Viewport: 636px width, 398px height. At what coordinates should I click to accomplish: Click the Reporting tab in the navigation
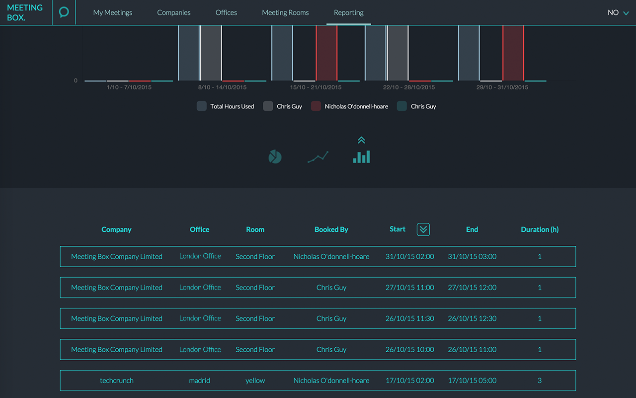(x=348, y=12)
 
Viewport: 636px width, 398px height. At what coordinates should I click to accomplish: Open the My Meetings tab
(x=113, y=12)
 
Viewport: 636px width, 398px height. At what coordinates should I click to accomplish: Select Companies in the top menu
(x=174, y=12)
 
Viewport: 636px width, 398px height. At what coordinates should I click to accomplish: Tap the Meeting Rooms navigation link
(x=285, y=12)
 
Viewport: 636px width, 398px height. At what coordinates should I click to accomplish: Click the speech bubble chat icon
(x=64, y=12)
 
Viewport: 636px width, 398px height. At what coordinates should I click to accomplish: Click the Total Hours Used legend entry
(x=226, y=106)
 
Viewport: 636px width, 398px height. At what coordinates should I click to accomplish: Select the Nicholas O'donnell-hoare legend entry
(x=350, y=106)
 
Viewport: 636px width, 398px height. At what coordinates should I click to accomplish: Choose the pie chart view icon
(x=275, y=157)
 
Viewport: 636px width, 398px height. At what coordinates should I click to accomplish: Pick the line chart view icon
(x=318, y=157)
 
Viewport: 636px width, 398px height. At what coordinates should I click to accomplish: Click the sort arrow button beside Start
(x=423, y=229)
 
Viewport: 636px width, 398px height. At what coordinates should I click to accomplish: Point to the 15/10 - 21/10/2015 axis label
(x=316, y=87)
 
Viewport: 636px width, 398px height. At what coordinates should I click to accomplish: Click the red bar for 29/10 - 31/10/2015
(x=513, y=53)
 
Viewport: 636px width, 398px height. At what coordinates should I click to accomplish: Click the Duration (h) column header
(x=540, y=229)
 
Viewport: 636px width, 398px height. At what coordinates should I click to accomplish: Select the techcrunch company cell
(x=117, y=381)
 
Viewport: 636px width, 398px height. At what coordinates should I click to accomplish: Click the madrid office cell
(x=200, y=381)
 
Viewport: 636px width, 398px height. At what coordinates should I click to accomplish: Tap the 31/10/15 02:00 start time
(x=409, y=257)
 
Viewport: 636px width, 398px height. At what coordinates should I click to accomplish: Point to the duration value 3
(x=540, y=381)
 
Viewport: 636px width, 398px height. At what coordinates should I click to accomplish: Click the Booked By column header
(x=331, y=229)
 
